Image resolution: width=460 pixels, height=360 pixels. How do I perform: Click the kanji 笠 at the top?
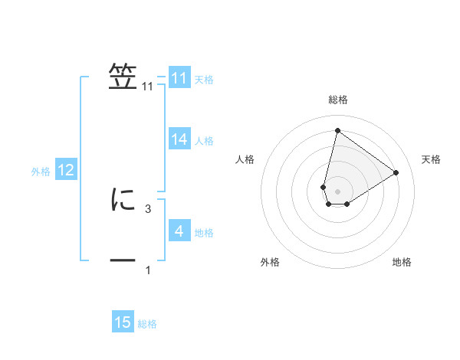[123, 77]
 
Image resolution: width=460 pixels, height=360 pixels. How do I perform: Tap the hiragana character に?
[123, 200]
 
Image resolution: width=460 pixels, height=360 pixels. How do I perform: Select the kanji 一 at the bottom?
[123, 261]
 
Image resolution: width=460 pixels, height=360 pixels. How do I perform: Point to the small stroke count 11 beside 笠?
[148, 87]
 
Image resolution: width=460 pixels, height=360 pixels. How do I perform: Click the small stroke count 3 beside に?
[148, 208]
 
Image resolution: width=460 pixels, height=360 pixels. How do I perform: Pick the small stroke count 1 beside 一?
[148, 270]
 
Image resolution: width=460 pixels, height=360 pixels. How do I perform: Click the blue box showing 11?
[179, 78]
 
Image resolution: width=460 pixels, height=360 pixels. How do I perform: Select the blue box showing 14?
[179, 139]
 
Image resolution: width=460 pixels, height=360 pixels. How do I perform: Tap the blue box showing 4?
[179, 231]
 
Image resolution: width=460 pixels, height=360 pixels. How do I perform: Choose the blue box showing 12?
[66, 170]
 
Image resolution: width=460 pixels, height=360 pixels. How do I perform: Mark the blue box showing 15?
[123, 322]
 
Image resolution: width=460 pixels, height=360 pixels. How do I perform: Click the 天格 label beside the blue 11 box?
[204, 79]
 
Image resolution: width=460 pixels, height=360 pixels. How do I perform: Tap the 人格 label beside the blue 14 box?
[204, 140]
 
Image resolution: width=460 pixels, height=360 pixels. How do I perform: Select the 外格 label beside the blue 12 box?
[41, 171]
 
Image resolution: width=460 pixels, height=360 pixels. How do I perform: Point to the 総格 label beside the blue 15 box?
[147, 323]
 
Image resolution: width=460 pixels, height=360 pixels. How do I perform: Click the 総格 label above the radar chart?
[338, 100]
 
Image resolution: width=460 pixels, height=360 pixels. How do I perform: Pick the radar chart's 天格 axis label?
[432, 159]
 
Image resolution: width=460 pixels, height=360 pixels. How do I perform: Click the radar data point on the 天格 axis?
[396, 172]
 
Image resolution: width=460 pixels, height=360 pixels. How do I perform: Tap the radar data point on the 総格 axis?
[337, 130]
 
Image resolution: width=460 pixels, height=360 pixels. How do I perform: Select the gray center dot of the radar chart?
[337, 191]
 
